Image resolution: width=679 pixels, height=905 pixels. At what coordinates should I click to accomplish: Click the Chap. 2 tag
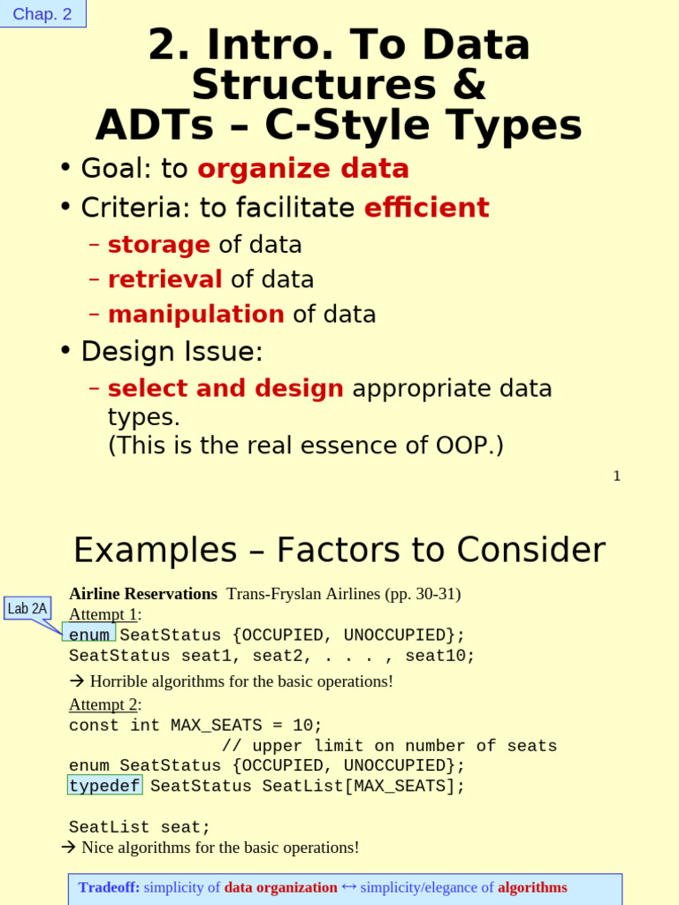point(42,14)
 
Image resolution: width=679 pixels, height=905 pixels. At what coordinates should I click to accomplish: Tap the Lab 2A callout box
point(27,608)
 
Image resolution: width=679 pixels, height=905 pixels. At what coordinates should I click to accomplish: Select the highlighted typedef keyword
point(104,786)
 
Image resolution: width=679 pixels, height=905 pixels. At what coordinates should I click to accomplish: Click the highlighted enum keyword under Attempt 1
point(89,635)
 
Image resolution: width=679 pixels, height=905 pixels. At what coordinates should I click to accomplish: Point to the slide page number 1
point(616,475)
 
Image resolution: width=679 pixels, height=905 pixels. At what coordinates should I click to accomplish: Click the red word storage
point(159,245)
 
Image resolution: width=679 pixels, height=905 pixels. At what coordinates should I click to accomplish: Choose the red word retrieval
point(164,279)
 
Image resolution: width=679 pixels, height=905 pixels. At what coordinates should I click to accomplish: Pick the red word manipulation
point(195,315)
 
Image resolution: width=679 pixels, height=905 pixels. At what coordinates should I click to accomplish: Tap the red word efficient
point(426,208)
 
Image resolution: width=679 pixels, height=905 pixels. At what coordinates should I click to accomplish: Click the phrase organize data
point(303,169)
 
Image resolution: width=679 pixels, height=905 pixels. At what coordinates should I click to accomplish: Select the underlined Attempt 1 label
point(103,614)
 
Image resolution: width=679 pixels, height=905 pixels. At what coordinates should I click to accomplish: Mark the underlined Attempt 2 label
point(103,704)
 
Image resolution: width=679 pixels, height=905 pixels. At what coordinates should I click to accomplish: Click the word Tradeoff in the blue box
point(109,887)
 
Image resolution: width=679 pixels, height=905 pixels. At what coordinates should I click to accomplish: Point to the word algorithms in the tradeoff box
point(532,887)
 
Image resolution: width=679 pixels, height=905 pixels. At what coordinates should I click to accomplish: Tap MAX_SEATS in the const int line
point(216,725)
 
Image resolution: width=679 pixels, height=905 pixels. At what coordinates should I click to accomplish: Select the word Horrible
point(119,681)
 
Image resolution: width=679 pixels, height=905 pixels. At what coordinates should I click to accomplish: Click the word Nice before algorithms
point(97,848)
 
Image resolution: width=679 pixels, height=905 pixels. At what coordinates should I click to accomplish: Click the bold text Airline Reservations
point(143,594)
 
